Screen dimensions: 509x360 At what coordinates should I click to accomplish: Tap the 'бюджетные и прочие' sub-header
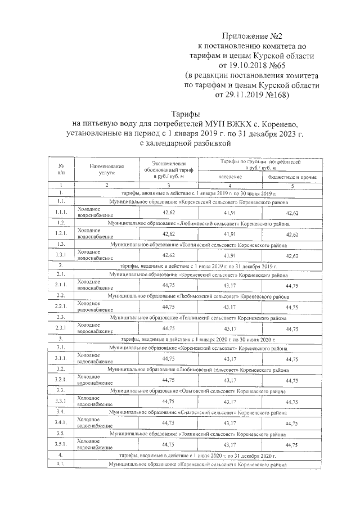(x=292, y=177)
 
